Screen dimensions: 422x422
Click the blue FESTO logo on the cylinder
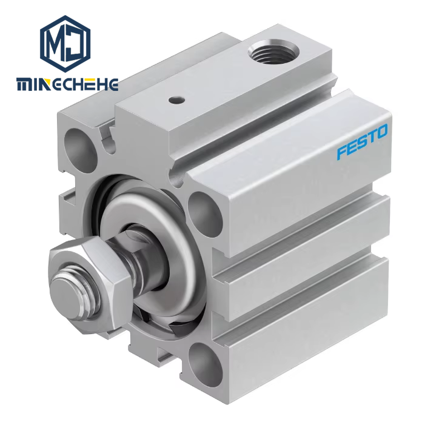pyautogui.click(x=362, y=141)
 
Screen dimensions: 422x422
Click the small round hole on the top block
pyautogui.click(x=177, y=101)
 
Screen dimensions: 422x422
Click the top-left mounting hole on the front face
pyautogui.click(x=79, y=147)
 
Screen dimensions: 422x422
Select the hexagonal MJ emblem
pyautogui.click(x=65, y=44)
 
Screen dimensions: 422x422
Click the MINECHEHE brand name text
pyautogui.click(x=67, y=84)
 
